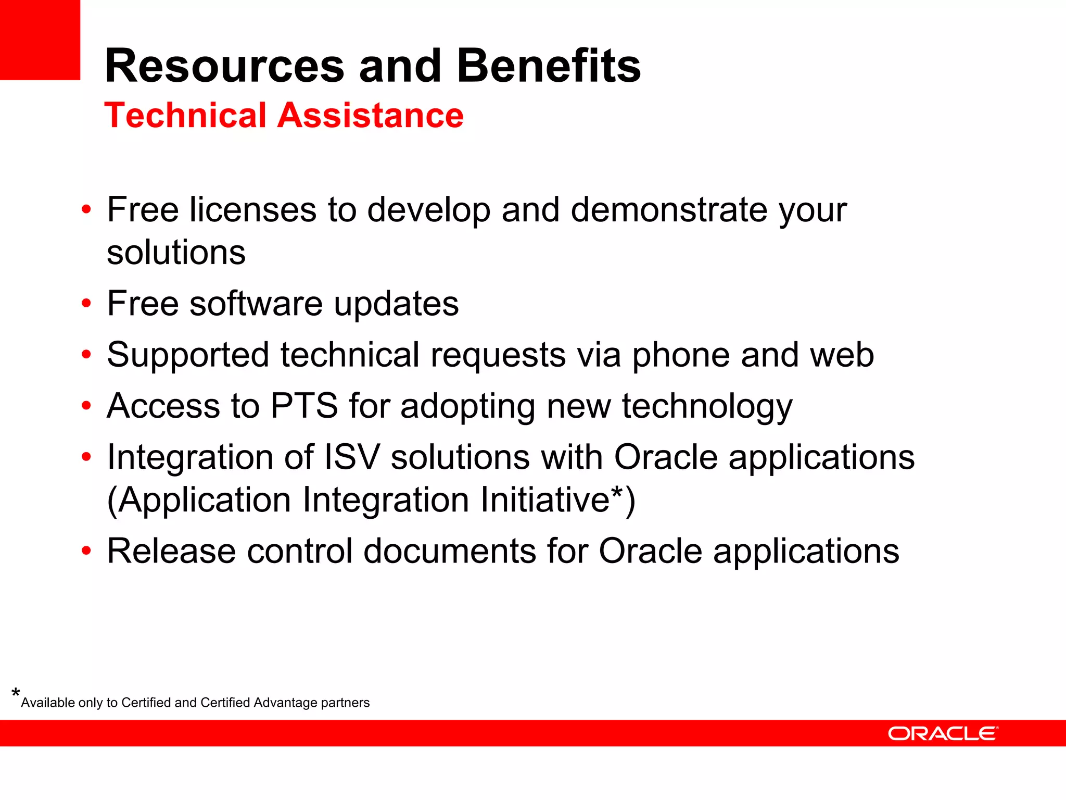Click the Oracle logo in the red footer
click(x=943, y=733)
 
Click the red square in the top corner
click(x=40, y=40)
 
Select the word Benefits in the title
click(x=549, y=66)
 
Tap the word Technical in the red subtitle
click(x=185, y=115)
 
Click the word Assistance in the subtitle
click(x=370, y=115)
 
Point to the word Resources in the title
click(x=224, y=66)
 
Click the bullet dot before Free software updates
click(x=86, y=303)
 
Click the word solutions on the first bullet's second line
click(x=176, y=253)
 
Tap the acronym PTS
click(x=304, y=406)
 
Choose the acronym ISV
click(x=352, y=457)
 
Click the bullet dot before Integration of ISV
click(x=86, y=457)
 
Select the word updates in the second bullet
click(x=396, y=304)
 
